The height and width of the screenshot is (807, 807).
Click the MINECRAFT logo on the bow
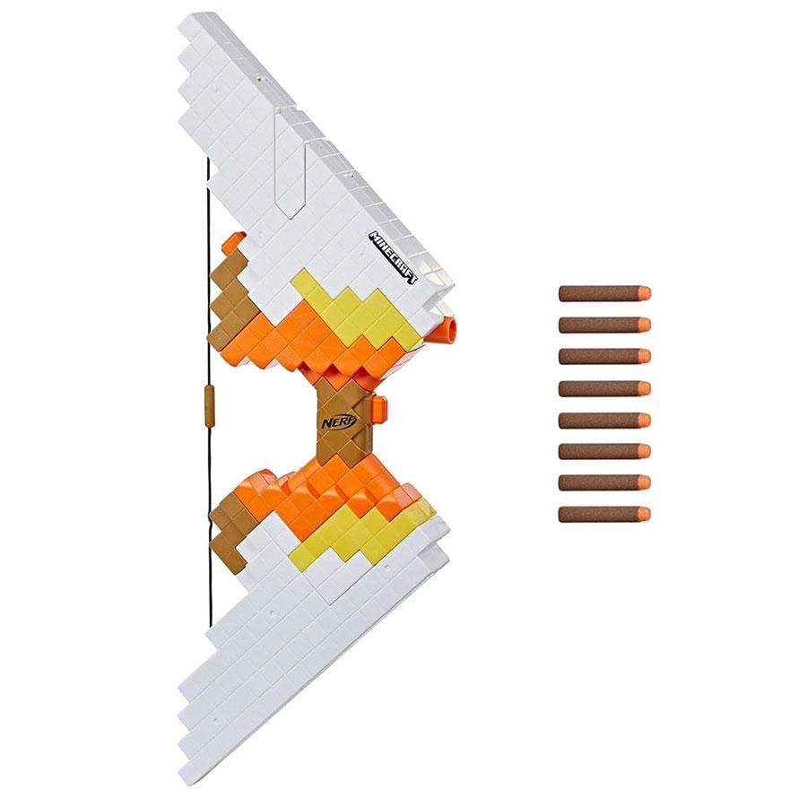pyautogui.click(x=395, y=258)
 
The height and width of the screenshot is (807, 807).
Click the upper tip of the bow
pyautogui.click(x=193, y=22)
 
